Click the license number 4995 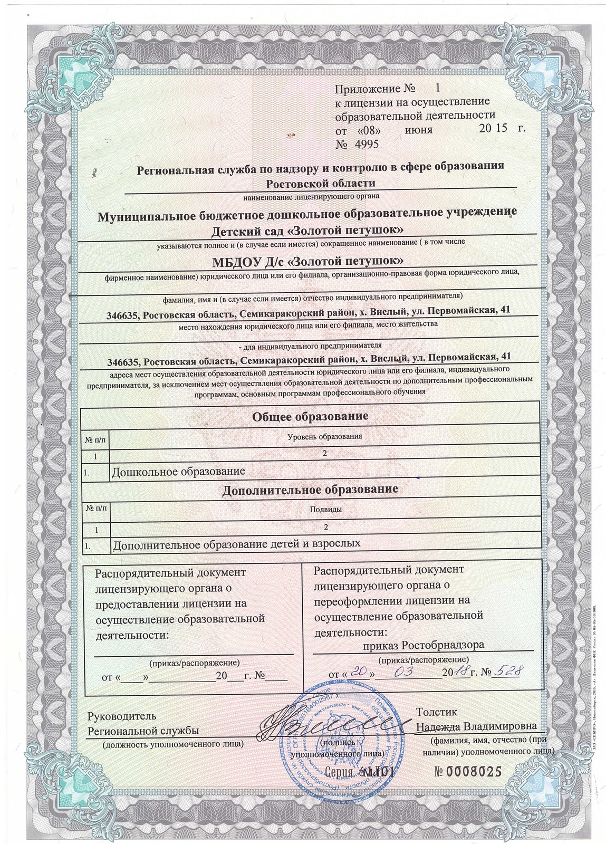(x=363, y=143)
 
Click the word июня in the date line (x=419, y=129)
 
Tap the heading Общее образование (x=310, y=416)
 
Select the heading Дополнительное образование (x=310, y=490)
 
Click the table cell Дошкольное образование (x=178, y=471)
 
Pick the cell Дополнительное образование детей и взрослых (x=237, y=543)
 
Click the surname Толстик (x=435, y=712)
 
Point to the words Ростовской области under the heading (x=321, y=184)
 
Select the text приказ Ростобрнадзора (x=424, y=645)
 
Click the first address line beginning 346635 (x=309, y=314)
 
